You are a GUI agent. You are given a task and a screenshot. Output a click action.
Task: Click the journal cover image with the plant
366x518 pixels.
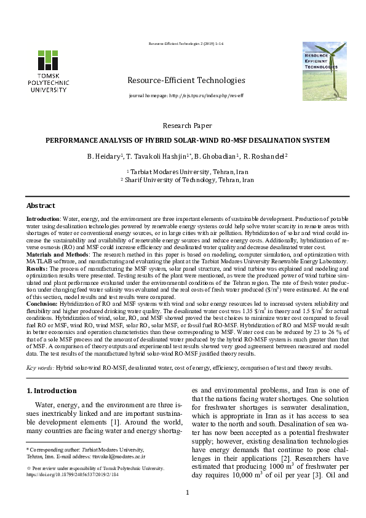(x=324, y=71)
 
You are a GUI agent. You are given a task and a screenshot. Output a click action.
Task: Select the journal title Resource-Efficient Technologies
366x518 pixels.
(x=186, y=81)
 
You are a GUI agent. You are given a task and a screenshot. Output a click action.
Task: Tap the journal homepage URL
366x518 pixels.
(x=186, y=97)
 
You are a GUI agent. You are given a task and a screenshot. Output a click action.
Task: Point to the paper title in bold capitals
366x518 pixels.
(x=188, y=140)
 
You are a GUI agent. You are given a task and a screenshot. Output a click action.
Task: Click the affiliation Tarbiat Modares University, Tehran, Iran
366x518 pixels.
(x=188, y=172)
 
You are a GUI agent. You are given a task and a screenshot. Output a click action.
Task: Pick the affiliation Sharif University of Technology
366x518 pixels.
(x=188, y=180)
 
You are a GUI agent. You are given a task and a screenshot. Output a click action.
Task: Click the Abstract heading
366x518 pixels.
(x=41, y=205)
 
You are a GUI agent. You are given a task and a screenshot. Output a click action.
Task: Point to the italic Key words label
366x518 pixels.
(x=40, y=367)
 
